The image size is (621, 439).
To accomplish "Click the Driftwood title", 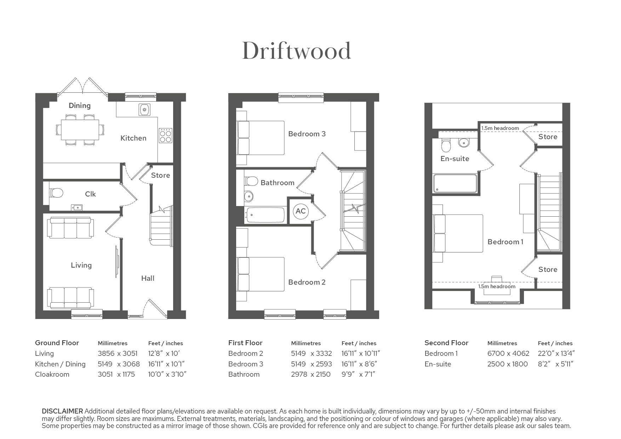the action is pos(297,51).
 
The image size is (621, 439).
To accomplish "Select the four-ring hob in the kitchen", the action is pos(165,135).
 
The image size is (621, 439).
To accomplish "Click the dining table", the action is pos(80,130).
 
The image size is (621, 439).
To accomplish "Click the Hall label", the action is pos(148,278).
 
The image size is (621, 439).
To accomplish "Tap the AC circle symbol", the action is pos(301,211).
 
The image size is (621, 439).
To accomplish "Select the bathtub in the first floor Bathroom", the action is pos(265,215).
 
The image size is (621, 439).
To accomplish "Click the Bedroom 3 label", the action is pos(307,134).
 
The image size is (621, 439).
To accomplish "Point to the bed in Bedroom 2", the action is pos(261,274).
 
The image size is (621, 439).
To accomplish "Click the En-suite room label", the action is pos(455,159).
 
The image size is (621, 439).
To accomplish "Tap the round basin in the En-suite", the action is pos(463,142).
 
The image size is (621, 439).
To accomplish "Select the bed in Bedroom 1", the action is pos(458,233).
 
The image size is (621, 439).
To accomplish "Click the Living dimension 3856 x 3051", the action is pos(118,353).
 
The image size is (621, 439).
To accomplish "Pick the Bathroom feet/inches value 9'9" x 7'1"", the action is pos(358,374).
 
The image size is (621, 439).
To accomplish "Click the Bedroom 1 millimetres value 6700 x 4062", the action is pos(508,353).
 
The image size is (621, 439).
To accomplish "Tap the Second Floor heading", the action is pos(446,343).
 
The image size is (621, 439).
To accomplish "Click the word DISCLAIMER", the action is pos(62,411).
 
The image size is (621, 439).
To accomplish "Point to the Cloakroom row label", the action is pos(52,374).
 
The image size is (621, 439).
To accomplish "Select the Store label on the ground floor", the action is pos(160,175).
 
